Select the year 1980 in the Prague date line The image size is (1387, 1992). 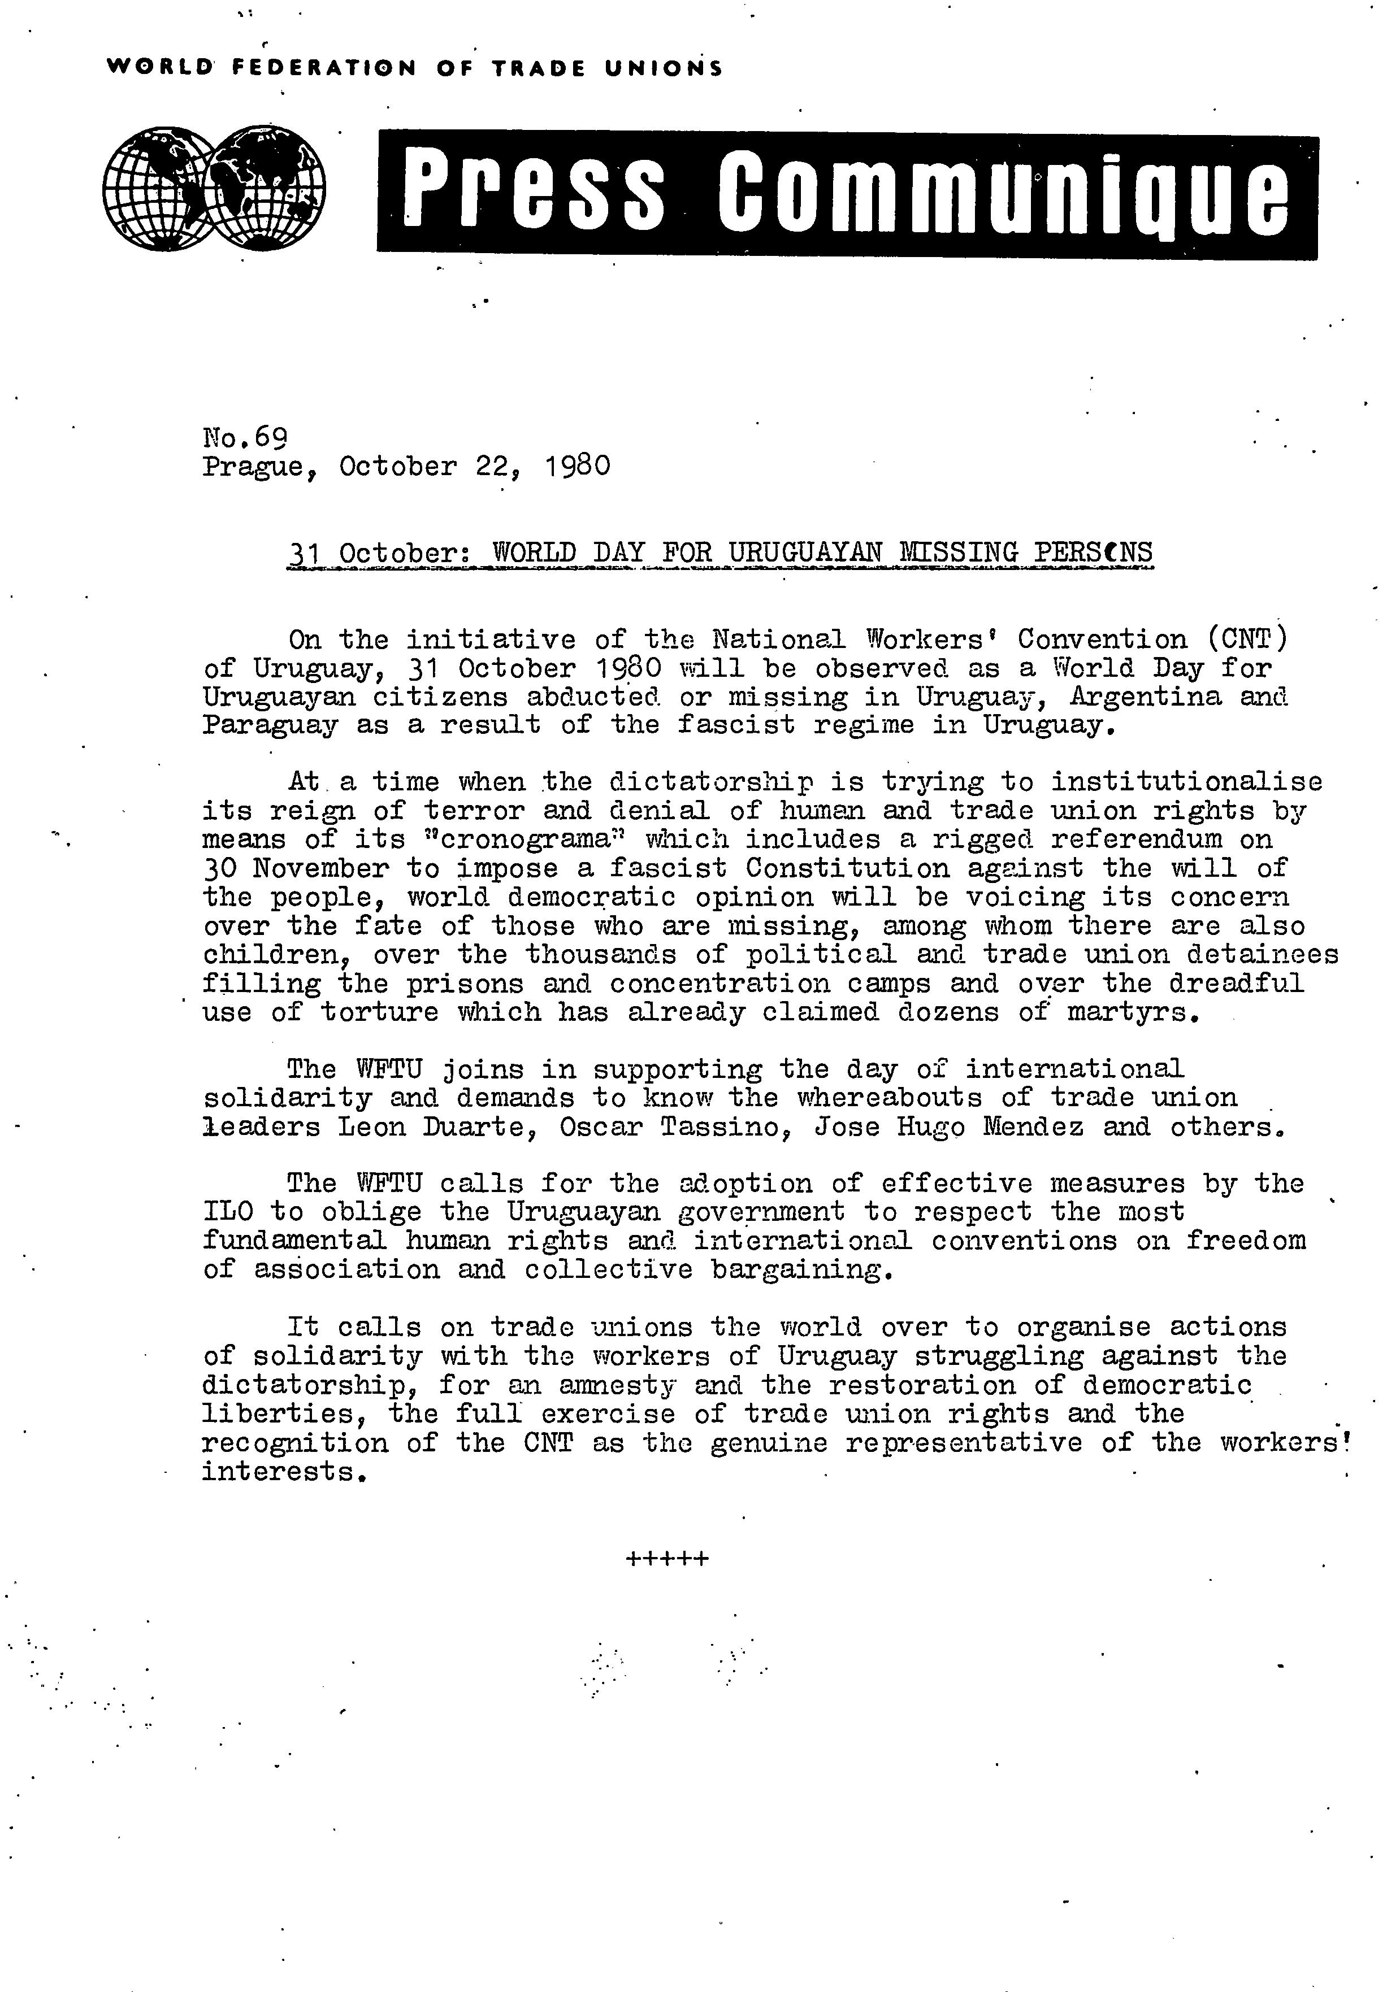579,467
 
